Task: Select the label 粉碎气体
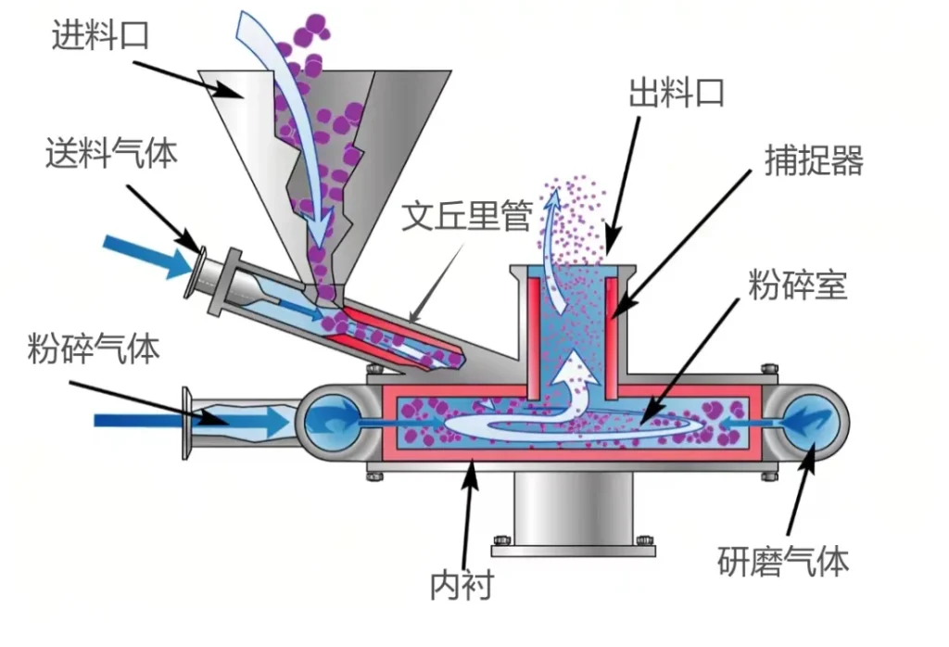[93, 349]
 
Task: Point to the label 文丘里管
[466, 216]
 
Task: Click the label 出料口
[676, 93]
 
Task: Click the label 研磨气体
[783, 561]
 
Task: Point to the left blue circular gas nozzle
[332, 421]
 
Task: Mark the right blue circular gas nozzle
[814, 421]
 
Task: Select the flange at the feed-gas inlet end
[196, 268]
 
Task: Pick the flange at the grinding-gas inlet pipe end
[186, 423]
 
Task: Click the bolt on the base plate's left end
[501, 540]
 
